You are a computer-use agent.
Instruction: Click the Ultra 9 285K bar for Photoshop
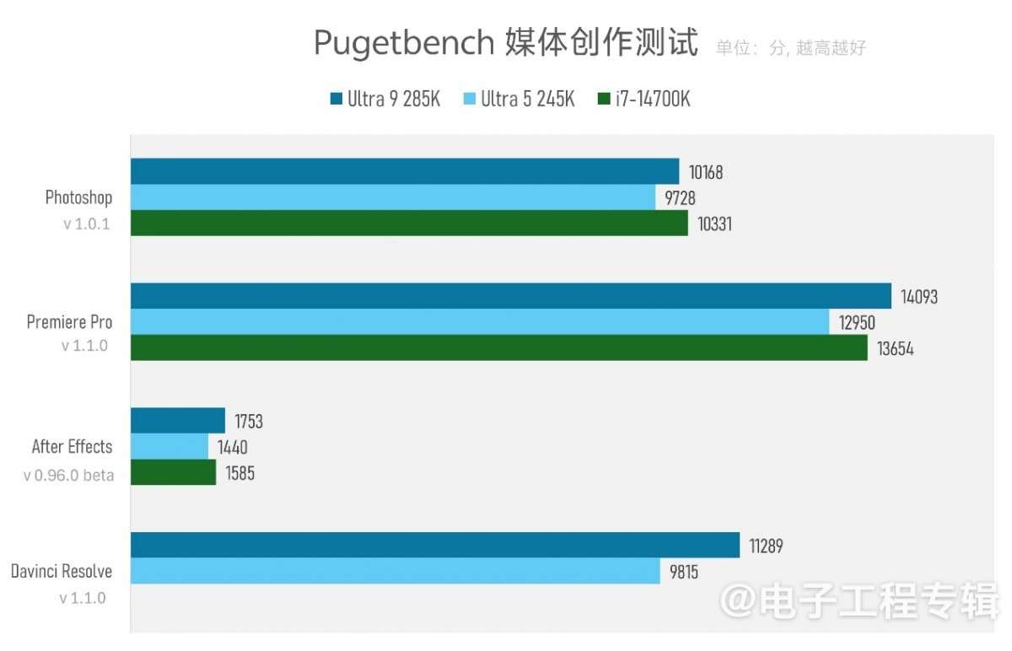tap(405, 171)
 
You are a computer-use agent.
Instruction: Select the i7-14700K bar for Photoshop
tap(409, 223)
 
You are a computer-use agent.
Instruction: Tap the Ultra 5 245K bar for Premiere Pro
tap(480, 321)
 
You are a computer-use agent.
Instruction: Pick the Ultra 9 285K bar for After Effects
tap(178, 421)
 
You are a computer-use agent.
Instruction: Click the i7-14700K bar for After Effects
tap(173, 472)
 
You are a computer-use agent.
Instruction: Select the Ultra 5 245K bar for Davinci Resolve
tap(395, 571)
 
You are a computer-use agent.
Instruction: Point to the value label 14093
tap(919, 297)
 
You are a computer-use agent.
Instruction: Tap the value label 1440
tap(233, 448)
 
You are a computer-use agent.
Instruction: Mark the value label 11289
tap(767, 546)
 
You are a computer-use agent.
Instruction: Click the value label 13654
tap(895, 348)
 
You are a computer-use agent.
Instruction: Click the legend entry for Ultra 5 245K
tap(519, 100)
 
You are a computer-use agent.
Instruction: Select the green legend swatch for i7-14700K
tap(603, 100)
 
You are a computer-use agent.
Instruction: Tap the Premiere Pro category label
tap(69, 322)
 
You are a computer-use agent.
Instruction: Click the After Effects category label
tap(72, 447)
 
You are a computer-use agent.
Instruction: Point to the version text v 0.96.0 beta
tap(68, 476)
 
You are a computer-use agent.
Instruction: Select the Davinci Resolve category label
tap(62, 572)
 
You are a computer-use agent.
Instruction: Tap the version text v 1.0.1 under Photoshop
tap(86, 225)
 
